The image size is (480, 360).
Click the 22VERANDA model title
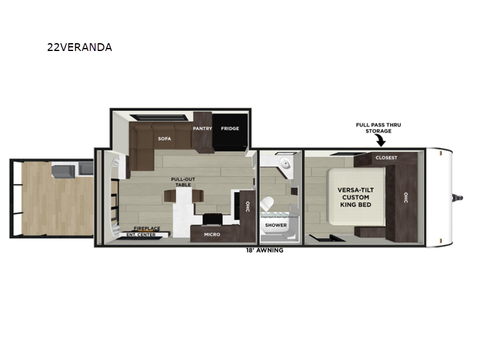click(x=80, y=47)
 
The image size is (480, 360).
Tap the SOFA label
click(x=164, y=139)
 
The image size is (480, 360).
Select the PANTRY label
click(x=202, y=128)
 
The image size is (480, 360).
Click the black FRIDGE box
click(x=230, y=131)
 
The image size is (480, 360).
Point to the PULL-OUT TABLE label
click(x=183, y=182)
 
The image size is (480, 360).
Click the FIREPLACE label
click(x=147, y=229)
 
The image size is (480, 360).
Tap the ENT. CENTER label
click(x=141, y=235)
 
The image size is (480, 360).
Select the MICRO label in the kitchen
click(x=212, y=235)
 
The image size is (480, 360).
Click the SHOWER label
click(x=276, y=225)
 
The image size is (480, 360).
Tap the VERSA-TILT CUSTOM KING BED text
click(x=356, y=197)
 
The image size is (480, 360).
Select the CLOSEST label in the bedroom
click(x=386, y=158)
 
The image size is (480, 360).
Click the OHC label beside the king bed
click(x=406, y=197)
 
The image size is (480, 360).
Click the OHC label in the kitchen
click(x=248, y=206)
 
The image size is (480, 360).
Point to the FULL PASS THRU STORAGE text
click(x=379, y=128)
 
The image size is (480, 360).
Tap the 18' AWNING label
click(x=265, y=250)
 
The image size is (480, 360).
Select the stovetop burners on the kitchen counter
click(x=212, y=219)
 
